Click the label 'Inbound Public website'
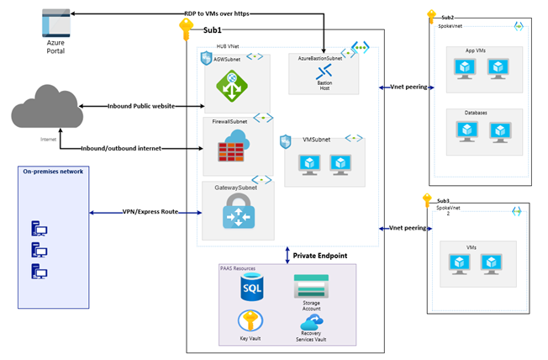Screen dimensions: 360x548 (x=143, y=106)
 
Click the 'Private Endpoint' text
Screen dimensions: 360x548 (x=321, y=255)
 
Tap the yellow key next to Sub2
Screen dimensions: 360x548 (x=431, y=16)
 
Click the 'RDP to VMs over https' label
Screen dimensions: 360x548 (x=219, y=14)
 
